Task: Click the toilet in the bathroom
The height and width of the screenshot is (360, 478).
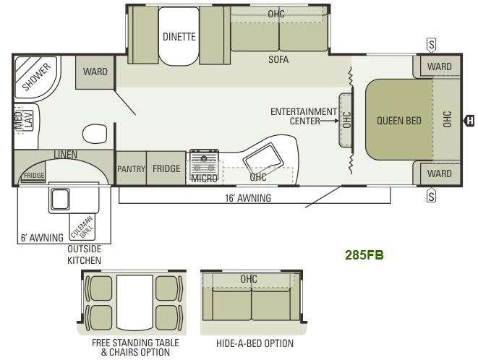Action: [x=95, y=134]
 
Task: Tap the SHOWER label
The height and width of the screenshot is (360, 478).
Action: [x=36, y=77]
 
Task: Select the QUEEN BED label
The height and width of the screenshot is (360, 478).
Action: [x=399, y=121]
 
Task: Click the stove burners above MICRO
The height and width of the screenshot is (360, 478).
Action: [x=204, y=163]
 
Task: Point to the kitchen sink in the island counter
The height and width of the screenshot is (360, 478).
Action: [x=262, y=158]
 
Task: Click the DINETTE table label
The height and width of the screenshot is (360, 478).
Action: [x=179, y=37]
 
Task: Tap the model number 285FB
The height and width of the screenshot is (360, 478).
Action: [x=364, y=255]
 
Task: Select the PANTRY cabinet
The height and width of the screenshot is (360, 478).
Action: [x=132, y=168]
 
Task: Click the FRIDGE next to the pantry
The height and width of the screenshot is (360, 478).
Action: [x=166, y=168]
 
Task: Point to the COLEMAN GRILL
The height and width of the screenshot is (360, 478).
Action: [x=82, y=227]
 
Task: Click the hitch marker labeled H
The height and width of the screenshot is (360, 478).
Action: [x=469, y=121]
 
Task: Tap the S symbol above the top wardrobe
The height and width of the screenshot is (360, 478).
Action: [x=432, y=45]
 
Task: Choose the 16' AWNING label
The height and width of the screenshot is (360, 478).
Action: [x=248, y=198]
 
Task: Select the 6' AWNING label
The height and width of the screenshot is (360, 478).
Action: [x=42, y=237]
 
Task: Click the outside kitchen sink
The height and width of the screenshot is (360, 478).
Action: [x=60, y=200]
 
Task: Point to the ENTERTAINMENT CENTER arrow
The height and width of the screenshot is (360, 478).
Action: [x=329, y=121]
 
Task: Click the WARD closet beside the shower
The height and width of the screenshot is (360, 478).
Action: [x=95, y=72]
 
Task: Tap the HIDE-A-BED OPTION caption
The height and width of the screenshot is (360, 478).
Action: [x=255, y=343]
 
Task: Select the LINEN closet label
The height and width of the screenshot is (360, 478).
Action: [x=65, y=155]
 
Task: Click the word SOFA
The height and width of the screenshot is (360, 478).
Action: [x=278, y=59]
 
